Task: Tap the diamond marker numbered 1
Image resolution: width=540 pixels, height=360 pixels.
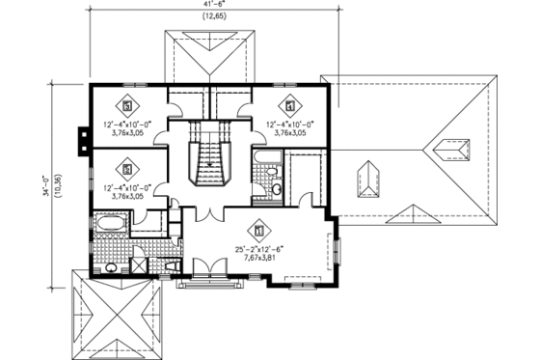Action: point(258,230)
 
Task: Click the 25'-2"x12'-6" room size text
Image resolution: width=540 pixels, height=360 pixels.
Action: point(258,248)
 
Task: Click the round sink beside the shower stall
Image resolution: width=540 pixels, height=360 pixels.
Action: point(111,266)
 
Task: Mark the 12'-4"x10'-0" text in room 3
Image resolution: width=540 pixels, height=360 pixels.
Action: point(129,124)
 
